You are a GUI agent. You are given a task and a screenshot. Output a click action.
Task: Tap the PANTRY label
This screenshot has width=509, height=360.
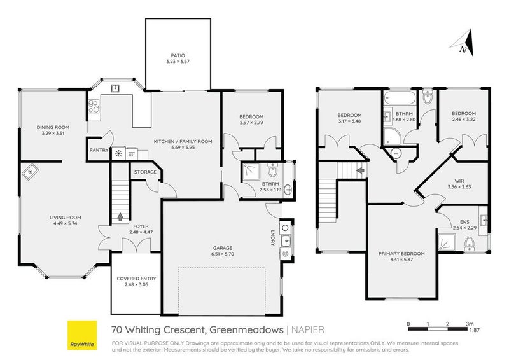[x=98, y=151]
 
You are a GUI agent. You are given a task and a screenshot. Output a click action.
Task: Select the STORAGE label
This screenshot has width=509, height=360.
[x=145, y=172]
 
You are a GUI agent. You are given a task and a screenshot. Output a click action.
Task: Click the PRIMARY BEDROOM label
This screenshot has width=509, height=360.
[x=401, y=253]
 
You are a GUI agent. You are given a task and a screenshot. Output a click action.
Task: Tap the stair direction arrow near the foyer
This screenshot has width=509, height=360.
[x=121, y=216]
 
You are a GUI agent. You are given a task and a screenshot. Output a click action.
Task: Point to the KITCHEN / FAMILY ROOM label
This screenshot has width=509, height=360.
[x=182, y=141]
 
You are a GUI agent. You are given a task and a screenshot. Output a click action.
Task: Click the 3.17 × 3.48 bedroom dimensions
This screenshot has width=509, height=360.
[x=349, y=121]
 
